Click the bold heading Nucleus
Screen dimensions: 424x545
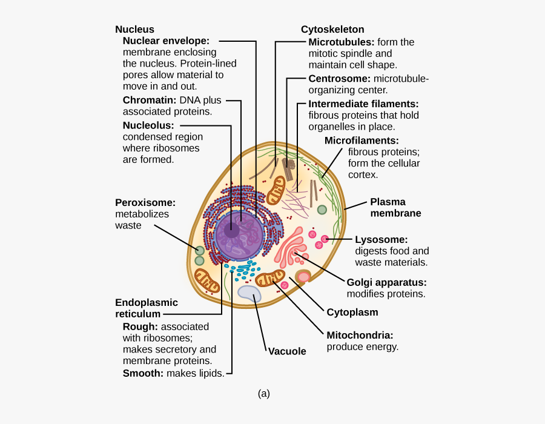(134, 29)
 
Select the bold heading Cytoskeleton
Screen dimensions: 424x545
(332, 29)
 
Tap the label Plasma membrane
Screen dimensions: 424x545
(395, 207)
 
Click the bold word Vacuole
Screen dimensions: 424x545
(286, 351)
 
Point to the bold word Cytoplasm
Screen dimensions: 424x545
(352, 313)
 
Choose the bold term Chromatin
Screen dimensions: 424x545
(149, 100)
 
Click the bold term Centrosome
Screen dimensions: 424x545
(339, 79)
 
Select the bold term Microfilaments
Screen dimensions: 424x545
(362, 141)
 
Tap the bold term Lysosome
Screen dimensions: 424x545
(381, 239)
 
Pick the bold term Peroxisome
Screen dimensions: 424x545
(145, 202)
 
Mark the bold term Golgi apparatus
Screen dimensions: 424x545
(386, 282)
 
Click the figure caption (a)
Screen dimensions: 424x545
(263, 394)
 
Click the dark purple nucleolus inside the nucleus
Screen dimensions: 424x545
(231, 231)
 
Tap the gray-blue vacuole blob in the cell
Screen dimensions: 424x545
(249, 294)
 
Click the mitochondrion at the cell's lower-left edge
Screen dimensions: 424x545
(207, 281)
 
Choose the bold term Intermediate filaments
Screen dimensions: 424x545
(363, 104)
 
